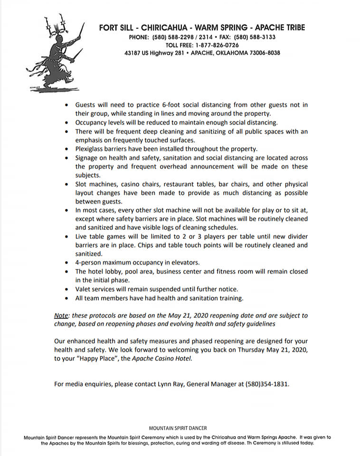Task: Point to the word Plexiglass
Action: pyautogui.click(x=92, y=149)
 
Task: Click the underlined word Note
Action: pyautogui.click(x=61, y=315)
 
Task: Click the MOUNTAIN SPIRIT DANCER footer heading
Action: pyautogui.click(x=178, y=428)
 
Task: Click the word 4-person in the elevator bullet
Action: pyautogui.click(x=89, y=263)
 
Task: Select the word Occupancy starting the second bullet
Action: pyautogui.click(x=92, y=122)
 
